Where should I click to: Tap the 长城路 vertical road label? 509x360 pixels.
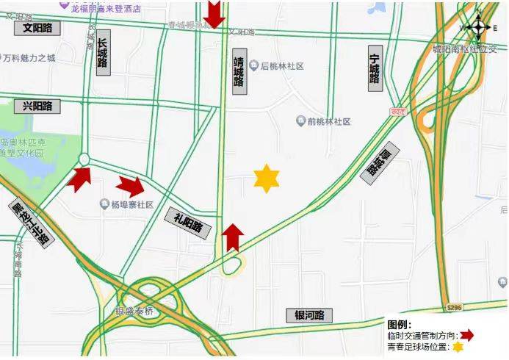click(x=103, y=55)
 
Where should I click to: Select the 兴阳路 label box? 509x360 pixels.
click(x=37, y=106)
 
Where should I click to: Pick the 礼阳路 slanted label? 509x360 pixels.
click(x=188, y=219)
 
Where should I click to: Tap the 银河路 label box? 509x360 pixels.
click(x=309, y=315)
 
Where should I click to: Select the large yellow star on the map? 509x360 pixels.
click(x=267, y=179)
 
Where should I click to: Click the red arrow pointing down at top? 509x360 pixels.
click(x=214, y=13)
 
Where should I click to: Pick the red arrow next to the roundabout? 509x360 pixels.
click(x=79, y=179)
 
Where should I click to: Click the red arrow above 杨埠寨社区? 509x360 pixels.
click(x=131, y=187)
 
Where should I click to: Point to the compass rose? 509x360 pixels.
click(x=478, y=26)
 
